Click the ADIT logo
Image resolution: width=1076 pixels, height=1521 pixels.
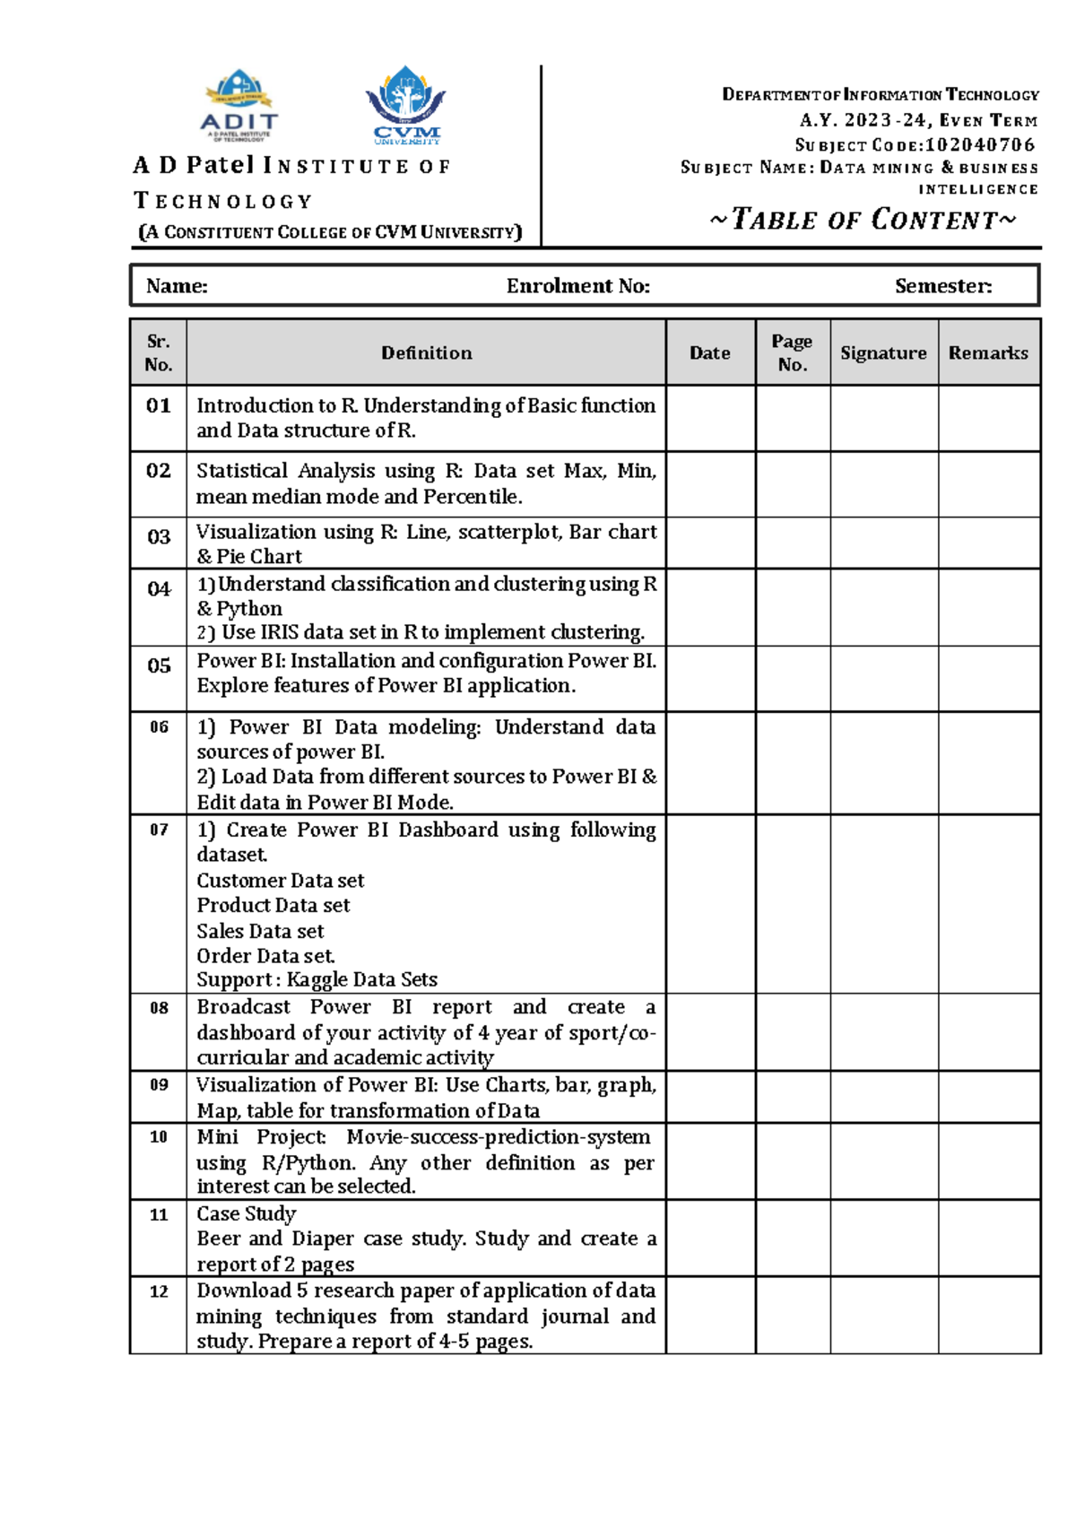(239, 106)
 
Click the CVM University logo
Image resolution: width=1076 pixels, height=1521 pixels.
(406, 106)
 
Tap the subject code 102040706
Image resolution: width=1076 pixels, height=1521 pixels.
(980, 144)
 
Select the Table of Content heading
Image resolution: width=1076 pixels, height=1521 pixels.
(863, 220)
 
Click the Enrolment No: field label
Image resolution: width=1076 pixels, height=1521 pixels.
(577, 286)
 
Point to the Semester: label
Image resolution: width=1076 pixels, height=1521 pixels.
(942, 286)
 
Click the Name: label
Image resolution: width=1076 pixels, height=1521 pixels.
(177, 286)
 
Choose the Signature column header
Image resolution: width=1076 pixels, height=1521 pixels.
(883, 353)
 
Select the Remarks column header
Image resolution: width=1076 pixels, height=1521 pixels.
(988, 353)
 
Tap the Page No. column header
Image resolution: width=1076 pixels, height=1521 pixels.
(792, 353)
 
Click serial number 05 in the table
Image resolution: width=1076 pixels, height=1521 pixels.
(159, 665)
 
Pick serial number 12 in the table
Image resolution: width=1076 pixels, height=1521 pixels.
(159, 1291)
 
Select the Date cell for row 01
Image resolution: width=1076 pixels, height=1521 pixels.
(710, 418)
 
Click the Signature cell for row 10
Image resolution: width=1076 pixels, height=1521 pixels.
(883, 1161)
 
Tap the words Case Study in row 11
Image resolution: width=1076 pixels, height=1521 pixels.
(247, 1214)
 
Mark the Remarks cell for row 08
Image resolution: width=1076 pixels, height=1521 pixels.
(988, 1031)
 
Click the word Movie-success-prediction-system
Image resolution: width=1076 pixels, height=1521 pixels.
(498, 1137)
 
